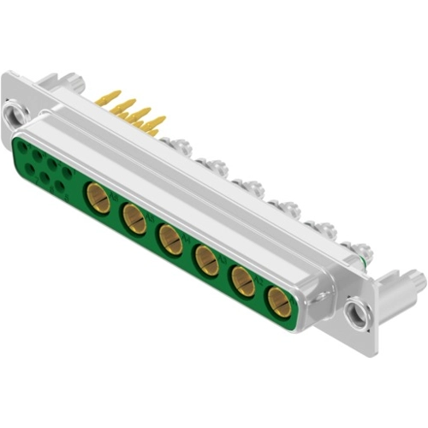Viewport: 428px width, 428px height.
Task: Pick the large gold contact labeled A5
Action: coord(135,220)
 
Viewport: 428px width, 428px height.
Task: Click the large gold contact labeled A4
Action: coord(170,239)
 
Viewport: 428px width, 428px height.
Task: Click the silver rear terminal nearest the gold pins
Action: coord(177,146)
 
